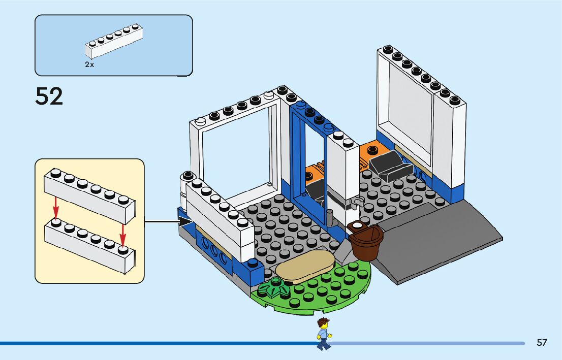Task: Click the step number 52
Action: [49, 96]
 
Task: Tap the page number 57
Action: [542, 343]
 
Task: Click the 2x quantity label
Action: [89, 66]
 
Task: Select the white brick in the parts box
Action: [114, 42]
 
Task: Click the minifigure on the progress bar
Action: [323, 334]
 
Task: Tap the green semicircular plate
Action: [325, 289]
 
